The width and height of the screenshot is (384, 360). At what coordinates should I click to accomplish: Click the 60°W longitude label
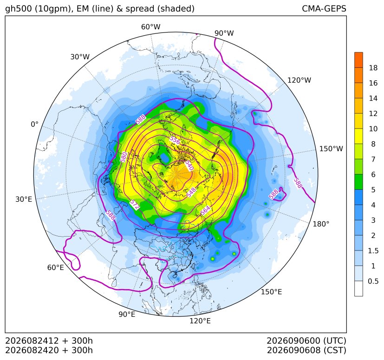[x=150, y=27]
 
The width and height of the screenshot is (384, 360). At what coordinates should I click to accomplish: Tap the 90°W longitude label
[x=224, y=33]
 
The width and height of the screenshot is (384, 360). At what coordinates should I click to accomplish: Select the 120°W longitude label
[x=299, y=80]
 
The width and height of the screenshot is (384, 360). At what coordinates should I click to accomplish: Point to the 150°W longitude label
[x=331, y=148]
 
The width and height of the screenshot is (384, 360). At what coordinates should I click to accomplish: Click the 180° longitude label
[x=321, y=224]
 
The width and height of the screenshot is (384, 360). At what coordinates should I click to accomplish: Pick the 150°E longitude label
[x=271, y=292]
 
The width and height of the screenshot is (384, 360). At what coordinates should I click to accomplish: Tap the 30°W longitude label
[x=80, y=57]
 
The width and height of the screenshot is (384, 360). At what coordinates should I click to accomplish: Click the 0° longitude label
[x=34, y=124]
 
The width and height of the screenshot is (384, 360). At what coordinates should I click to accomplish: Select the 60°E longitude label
[x=55, y=268]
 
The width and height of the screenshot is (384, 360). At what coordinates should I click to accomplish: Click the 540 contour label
[x=189, y=165]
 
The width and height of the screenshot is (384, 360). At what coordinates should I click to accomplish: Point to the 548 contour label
[x=191, y=193]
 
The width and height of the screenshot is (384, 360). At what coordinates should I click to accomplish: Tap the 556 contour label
[x=175, y=141]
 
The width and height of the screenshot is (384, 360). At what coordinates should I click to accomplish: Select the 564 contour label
[x=205, y=210]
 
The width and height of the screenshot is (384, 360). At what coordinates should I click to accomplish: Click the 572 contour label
[x=135, y=205]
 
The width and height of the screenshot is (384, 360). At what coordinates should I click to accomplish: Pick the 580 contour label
[x=124, y=157]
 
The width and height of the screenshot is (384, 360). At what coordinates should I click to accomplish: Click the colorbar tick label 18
[x=373, y=68]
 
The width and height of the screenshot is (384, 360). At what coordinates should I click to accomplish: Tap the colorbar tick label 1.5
[x=373, y=251]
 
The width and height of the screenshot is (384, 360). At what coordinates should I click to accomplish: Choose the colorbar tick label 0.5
[x=373, y=281]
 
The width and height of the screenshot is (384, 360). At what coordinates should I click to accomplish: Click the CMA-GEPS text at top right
[x=324, y=8]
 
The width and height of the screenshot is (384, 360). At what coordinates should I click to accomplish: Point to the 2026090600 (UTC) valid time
[x=306, y=341]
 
